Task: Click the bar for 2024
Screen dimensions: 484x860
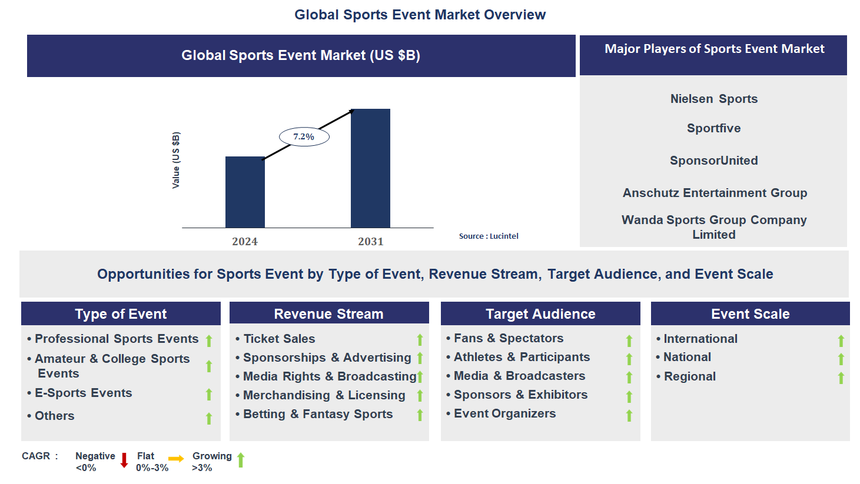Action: [245, 192]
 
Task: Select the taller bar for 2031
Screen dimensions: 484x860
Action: [370, 168]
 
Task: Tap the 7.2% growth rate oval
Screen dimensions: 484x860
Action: [304, 137]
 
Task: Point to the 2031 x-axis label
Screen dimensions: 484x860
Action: [370, 242]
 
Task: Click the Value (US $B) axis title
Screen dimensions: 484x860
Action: [176, 160]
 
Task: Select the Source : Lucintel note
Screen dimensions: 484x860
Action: [489, 236]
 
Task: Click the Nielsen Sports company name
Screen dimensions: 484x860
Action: [713, 99]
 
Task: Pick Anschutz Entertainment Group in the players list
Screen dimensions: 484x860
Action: [715, 193]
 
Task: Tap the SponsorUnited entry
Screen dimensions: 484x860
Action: [713, 161]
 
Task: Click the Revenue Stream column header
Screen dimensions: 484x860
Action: [328, 314]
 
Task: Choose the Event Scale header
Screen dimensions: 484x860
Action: [750, 314]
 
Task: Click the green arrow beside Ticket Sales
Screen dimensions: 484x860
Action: [420, 340]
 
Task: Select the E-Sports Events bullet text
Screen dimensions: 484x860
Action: [83, 393]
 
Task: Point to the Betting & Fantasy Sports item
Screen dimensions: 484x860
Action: [318, 414]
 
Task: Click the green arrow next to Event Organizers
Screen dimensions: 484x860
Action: [629, 416]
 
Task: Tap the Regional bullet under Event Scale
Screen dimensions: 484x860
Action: [689, 376]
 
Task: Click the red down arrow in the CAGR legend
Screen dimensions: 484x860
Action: [124, 460]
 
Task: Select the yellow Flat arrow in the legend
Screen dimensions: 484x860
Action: [176, 459]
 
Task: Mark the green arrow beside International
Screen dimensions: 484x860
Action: [841, 341]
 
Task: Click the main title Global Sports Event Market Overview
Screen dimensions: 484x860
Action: [420, 15]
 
